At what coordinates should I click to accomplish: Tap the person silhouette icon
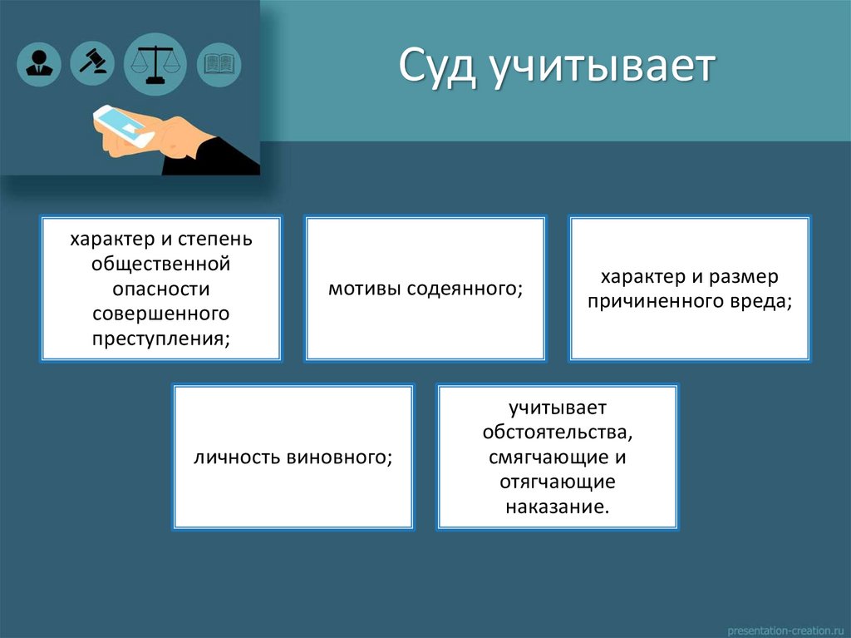point(38,63)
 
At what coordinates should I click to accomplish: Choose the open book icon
point(219,63)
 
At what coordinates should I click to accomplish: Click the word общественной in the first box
point(160,265)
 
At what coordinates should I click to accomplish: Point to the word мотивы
point(362,289)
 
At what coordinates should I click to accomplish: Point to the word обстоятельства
point(558,433)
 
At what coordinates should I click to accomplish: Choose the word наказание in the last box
point(558,507)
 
